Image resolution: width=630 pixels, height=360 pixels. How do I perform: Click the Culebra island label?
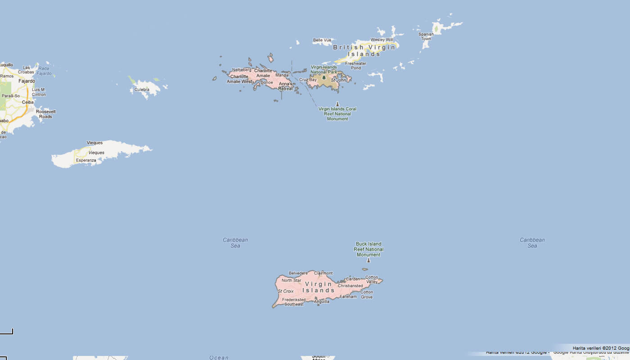(x=142, y=90)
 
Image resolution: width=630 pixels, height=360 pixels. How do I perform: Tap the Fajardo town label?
(x=27, y=81)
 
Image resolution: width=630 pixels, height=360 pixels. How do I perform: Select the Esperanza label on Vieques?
(x=86, y=160)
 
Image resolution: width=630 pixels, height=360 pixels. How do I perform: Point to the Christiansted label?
(x=350, y=286)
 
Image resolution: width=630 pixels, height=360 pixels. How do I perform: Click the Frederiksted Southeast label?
(x=293, y=302)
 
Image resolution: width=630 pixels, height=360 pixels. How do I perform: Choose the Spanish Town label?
(x=426, y=36)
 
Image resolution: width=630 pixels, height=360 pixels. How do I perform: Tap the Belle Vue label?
(x=322, y=40)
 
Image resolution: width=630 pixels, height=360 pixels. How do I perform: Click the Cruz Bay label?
(x=308, y=80)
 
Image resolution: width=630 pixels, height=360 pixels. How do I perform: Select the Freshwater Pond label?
(x=355, y=66)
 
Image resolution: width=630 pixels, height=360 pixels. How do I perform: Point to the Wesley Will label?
(x=382, y=40)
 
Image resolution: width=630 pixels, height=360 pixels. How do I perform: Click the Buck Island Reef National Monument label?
(x=369, y=249)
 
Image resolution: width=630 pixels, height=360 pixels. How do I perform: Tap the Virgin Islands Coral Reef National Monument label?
(x=337, y=114)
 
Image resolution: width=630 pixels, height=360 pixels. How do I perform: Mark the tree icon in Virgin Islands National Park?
(x=324, y=77)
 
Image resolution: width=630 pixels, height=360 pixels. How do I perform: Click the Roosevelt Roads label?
(x=45, y=114)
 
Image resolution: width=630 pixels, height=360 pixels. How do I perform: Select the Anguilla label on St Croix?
(x=322, y=301)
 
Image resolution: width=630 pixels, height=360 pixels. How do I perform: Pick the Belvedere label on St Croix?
(x=298, y=273)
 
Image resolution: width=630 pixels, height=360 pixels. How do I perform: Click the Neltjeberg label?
(x=242, y=70)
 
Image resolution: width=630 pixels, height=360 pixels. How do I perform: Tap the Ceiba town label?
(x=28, y=102)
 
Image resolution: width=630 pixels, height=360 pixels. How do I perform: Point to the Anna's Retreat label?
(x=286, y=86)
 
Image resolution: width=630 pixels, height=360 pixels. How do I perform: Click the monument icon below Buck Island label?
(x=369, y=260)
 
